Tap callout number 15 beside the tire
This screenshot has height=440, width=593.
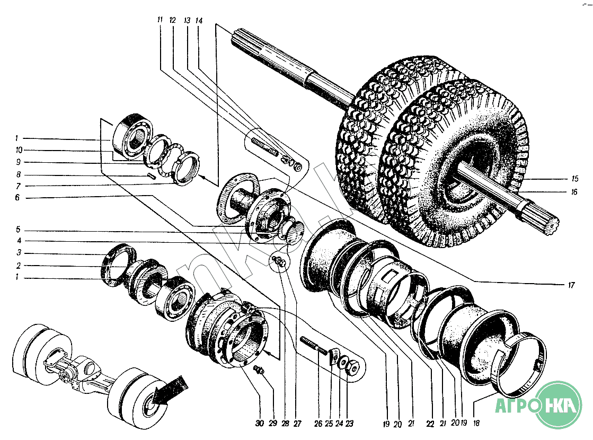pos(574,179)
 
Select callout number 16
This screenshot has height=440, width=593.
pos(574,192)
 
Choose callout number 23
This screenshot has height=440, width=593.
pos(350,424)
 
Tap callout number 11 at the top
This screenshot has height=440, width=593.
pos(160,20)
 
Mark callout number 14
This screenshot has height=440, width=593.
pos(199,20)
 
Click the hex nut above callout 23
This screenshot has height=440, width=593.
pos(351,366)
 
